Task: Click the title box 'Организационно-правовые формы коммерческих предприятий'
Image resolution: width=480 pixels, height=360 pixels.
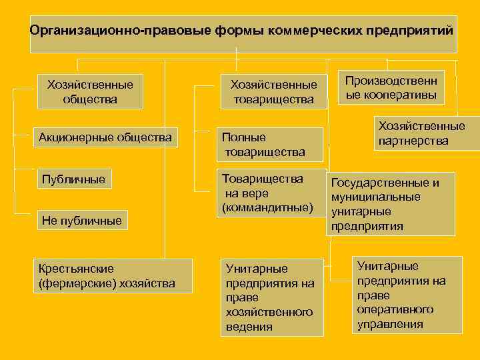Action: tap(243, 33)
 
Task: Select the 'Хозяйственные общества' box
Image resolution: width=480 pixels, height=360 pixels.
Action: tap(89, 92)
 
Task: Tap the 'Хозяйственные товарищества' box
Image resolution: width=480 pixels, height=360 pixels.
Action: tap(273, 92)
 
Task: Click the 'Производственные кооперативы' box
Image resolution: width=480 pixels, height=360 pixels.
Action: tap(391, 88)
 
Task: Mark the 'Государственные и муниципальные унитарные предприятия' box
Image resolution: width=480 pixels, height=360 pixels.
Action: tap(389, 203)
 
